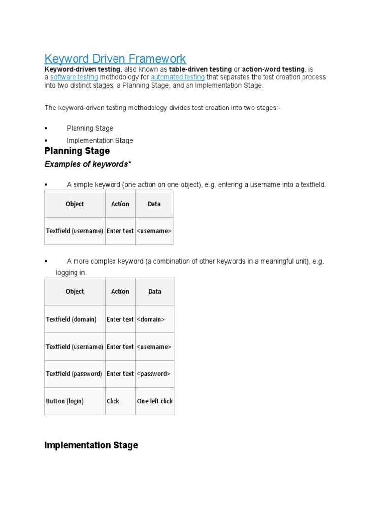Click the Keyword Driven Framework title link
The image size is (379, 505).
coord(115,59)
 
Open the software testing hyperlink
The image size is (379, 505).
coord(74,77)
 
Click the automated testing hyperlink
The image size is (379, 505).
coord(178,77)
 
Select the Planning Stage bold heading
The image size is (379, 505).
coord(77,151)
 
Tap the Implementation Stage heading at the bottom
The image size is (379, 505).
coord(91,445)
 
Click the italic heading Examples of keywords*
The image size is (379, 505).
coord(88,164)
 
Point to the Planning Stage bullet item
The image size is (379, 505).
coord(90,128)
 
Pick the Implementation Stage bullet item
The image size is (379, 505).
coord(100,140)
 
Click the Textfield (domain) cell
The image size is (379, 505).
coord(71,319)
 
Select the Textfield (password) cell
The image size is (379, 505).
coord(74,374)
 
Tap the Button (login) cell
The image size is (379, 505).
coord(62,401)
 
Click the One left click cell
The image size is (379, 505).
coord(154,401)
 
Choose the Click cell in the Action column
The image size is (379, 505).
coord(113,401)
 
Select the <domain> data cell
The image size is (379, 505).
coord(151,319)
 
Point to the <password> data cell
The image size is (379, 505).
coord(153,374)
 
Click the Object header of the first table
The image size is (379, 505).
coord(75,204)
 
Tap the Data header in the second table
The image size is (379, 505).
coord(154,291)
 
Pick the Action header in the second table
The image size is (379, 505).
coord(120,291)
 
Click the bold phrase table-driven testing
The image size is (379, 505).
coord(200,69)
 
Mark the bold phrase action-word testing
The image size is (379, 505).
coord(273,69)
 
